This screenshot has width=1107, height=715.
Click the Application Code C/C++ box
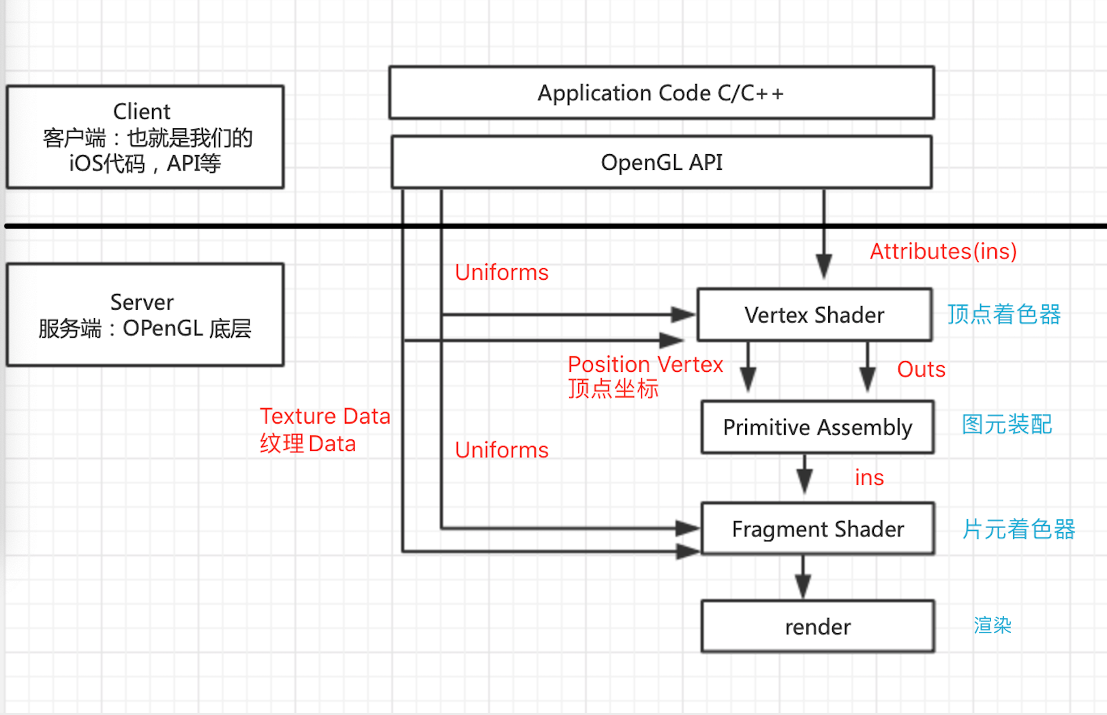tap(661, 93)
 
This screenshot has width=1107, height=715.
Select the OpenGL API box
tap(661, 162)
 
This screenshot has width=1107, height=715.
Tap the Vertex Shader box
tap(814, 315)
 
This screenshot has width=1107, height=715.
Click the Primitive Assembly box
tap(817, 427)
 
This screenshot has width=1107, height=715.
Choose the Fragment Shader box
tap(817, 529)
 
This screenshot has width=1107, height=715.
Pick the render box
tap(817, 626)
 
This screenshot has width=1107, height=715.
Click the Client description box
tap(145, 137)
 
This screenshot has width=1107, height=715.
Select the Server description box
tap(145, 315)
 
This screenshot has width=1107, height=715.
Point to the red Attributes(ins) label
tap(943, 251)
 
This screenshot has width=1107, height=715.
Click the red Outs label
tap(921, 369)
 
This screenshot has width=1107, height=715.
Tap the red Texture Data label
tap(324, 416)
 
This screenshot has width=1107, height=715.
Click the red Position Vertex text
tap(645, 364)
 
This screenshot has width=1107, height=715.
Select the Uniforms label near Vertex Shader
tap(502, 272)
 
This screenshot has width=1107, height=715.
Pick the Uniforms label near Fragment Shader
tap(502, 450)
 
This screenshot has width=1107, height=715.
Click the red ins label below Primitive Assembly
tap(869, 478)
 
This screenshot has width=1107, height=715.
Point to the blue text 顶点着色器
tap(1003, 315)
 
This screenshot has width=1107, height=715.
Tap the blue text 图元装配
tap(1007, 424)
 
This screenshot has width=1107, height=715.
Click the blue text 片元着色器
tap(1018, 529)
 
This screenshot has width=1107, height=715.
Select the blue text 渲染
tap(992, 625)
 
